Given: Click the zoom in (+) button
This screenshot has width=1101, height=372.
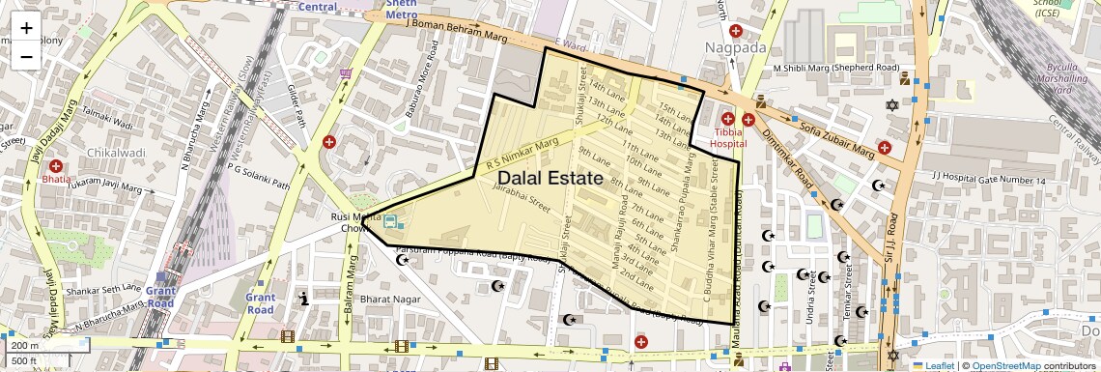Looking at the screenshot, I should [26, 27].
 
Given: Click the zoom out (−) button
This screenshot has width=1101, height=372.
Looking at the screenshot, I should [26, 56].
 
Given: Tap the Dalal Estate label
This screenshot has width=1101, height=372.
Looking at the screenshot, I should [550, 179].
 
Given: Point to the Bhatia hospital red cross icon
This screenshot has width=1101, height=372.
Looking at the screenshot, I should [57, 166].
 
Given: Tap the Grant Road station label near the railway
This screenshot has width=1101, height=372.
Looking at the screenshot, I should [160, 297].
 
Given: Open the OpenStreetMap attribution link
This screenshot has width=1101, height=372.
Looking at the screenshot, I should [1005, 366].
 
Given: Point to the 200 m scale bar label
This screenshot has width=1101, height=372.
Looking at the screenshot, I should [25, 345].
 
